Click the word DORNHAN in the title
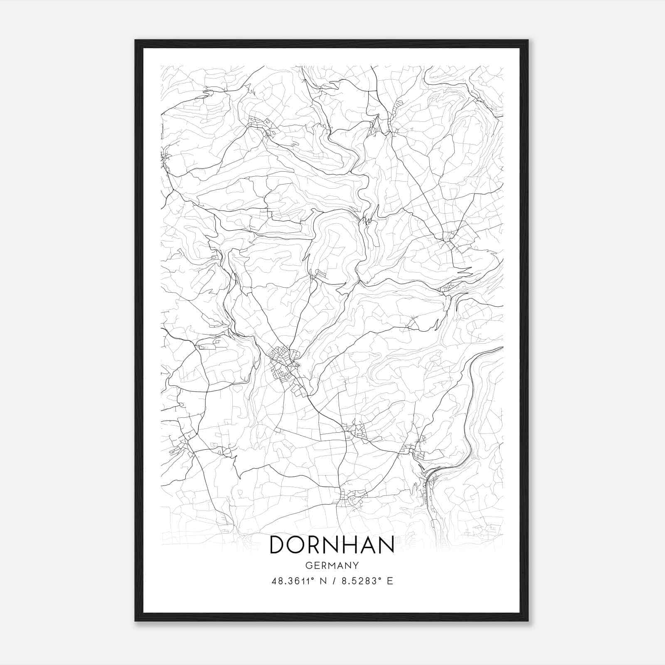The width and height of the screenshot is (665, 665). (332, 544)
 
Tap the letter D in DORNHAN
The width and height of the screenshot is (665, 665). (278, 544)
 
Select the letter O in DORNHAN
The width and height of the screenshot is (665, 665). (296, 544)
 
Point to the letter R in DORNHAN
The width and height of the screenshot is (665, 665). (314, 544)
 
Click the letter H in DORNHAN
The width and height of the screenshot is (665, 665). (351, 544)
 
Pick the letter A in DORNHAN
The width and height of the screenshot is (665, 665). (369, 544)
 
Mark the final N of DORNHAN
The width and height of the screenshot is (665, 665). (387, 544)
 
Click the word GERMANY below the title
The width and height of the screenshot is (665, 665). (332, 565)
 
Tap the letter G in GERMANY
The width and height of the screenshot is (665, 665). (308, 565)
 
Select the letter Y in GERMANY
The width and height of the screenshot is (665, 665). (356, 565)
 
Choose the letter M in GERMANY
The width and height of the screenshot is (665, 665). (332, 565)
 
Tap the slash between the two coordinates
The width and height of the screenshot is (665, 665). (333, 581)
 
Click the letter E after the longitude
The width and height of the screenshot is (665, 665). (390, 581)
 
